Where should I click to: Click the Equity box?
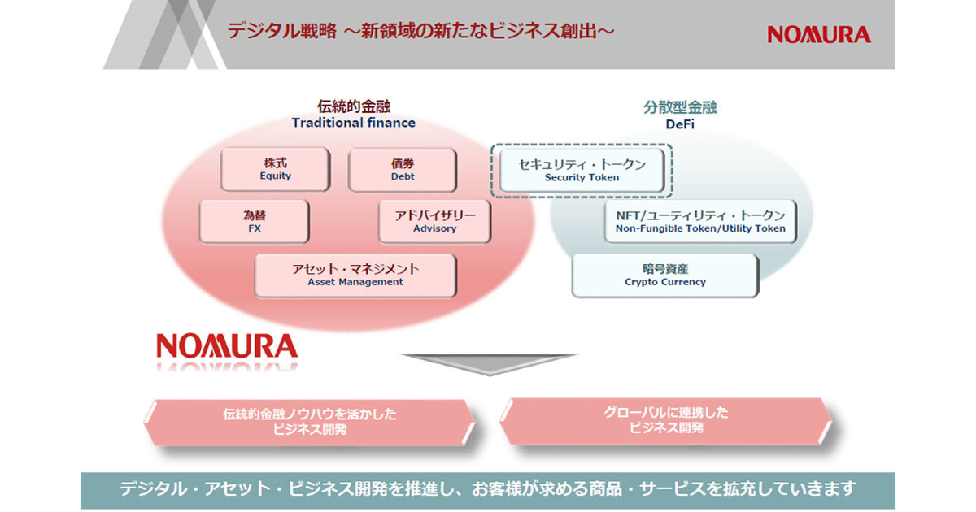[x=276, y=169]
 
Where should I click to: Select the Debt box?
[x=403, y=170]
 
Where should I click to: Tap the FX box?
[x=255, y=222]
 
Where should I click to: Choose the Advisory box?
[x=435, y=222]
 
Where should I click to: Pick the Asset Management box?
[x=355, y=276]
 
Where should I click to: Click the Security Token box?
[x=582, y=170]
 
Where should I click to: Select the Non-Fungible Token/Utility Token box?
[x=700, y=222]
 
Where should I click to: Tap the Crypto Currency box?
[x=665, y=276]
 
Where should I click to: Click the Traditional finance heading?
[x=353, y=123]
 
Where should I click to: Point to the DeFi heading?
[x=680, y=124]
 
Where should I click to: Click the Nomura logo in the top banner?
[x=819, y=34]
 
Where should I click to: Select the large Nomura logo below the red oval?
[x=227, y=346]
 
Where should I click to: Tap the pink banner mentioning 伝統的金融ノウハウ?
[x=309, y=422]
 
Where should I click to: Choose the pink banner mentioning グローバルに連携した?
[x=666, y=421]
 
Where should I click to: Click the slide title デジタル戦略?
[x=282, y=31]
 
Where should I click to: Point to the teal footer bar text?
[x=488, y=489]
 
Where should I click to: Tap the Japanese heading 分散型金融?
[x=680, y=107]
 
